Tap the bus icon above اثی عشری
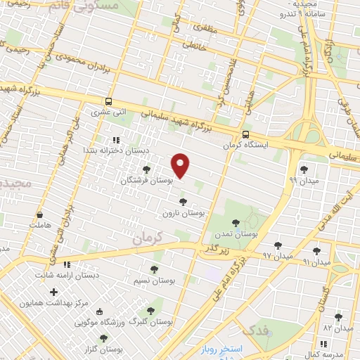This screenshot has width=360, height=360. [108, 101]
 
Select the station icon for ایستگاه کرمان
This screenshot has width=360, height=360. [245, 134]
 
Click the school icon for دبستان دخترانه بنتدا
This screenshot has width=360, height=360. [115, 140]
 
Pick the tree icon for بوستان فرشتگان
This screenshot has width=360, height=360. [146, 169]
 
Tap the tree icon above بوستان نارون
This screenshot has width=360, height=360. [183, 202]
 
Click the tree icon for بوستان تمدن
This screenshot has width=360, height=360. [236, 223]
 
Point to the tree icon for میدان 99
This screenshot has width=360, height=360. [304, 169]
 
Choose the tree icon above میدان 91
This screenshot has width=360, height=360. [316, 250]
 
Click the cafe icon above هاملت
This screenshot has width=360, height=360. [39, 214]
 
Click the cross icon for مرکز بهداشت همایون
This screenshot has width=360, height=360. [53, 291]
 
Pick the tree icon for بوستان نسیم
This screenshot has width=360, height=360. [154, 269]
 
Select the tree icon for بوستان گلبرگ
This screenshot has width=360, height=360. [150, 310]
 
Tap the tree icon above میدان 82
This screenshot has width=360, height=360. [338, 317]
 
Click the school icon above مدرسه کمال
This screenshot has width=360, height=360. [323, 343]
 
